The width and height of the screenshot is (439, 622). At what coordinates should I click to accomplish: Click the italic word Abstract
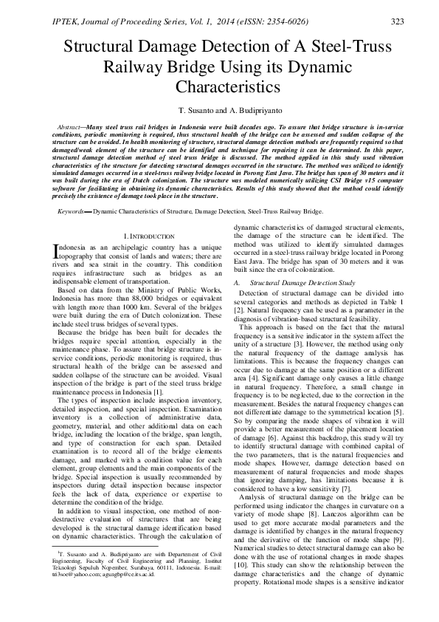[x=71, y=128]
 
